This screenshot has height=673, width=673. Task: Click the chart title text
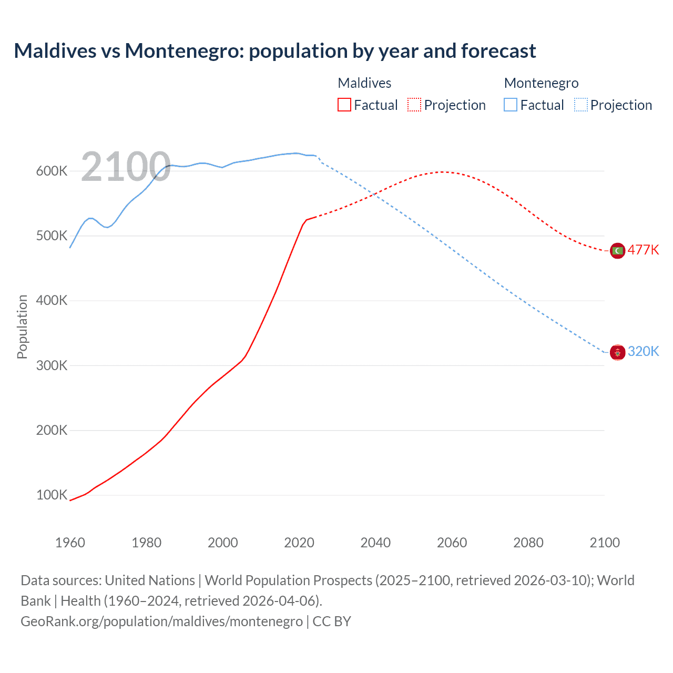[274, 51]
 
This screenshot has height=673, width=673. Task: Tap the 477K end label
[643, 250]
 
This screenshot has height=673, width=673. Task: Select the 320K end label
[643, 351]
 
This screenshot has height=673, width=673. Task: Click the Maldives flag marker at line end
[617, 251]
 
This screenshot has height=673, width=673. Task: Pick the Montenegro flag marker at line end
[617, 352]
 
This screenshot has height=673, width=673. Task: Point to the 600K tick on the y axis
[52, 171]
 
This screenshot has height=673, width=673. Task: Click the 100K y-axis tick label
[52, 495]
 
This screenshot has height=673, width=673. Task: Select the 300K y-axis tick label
[52, 365]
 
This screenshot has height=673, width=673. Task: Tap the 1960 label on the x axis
[70, 543]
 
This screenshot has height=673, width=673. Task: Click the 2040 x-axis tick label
[375, 543]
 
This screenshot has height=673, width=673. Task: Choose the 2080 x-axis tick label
[528, 543]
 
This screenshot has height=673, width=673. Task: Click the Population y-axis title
[22, 327]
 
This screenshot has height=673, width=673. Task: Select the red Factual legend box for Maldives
[344, 105]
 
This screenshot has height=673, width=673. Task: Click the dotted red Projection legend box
[414, 105]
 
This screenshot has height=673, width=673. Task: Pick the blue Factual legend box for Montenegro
[510, 105]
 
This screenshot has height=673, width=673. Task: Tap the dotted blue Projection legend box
[580, 105]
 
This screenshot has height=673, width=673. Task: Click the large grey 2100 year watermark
[126, 167]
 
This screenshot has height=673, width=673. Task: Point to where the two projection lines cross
[374, 195]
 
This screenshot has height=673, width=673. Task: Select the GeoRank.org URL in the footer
[161, 621]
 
